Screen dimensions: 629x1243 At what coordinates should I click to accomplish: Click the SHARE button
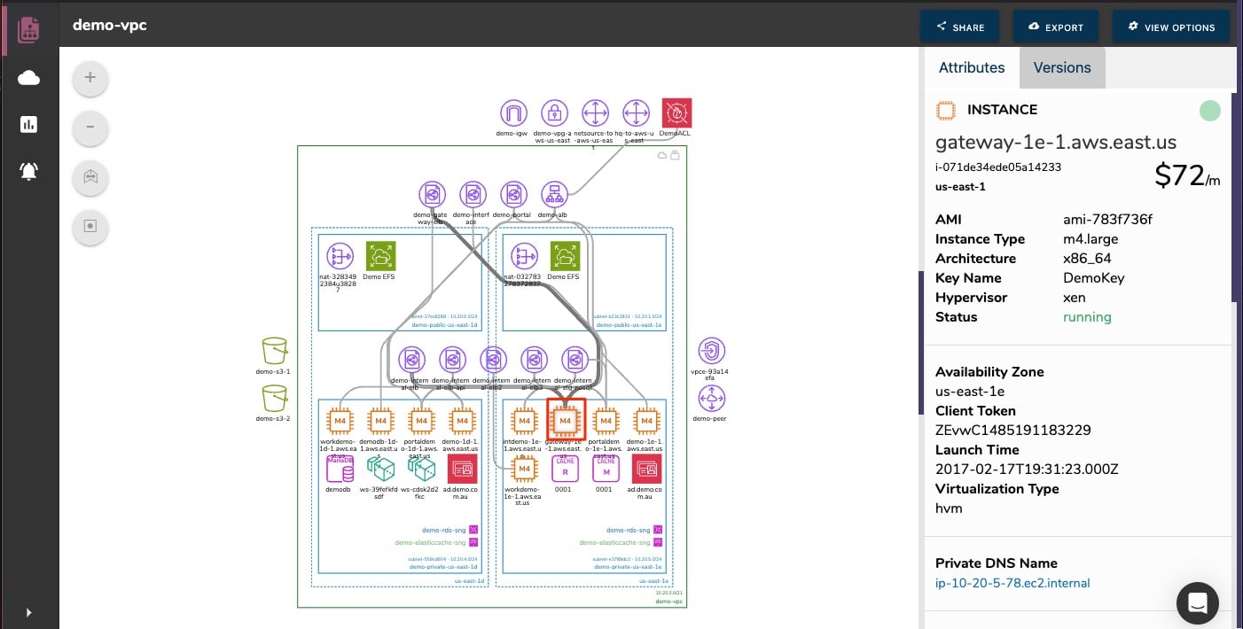[x=959, y=27]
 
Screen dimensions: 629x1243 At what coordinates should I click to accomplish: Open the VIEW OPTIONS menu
[x=1170, y=27]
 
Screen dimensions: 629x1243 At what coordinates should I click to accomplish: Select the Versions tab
[x=1061, y=67]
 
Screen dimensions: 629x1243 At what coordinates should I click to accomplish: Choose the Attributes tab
[x=971, y=67]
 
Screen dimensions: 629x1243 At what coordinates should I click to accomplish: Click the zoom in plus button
[x=90, y=78]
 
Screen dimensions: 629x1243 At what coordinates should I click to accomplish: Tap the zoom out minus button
[x=90, y=128]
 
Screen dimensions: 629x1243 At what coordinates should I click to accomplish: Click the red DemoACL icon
[x=676, y=113]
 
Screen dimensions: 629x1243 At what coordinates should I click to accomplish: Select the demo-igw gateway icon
[x=513, y=113]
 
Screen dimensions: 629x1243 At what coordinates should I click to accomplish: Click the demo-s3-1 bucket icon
[x=274, y=350]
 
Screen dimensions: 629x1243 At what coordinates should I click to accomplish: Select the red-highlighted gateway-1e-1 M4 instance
[x=566, y=419]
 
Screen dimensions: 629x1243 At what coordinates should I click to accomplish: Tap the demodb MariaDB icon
[x=340, y=469]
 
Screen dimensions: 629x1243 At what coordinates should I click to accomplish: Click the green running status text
[x=1087, y=317]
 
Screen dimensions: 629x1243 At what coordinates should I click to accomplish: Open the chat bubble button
[x=1197, y=603]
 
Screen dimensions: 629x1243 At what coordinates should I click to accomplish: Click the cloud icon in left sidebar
[x=28, y=78]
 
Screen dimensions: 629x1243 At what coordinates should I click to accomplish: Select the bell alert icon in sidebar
[x=28, y=171]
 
